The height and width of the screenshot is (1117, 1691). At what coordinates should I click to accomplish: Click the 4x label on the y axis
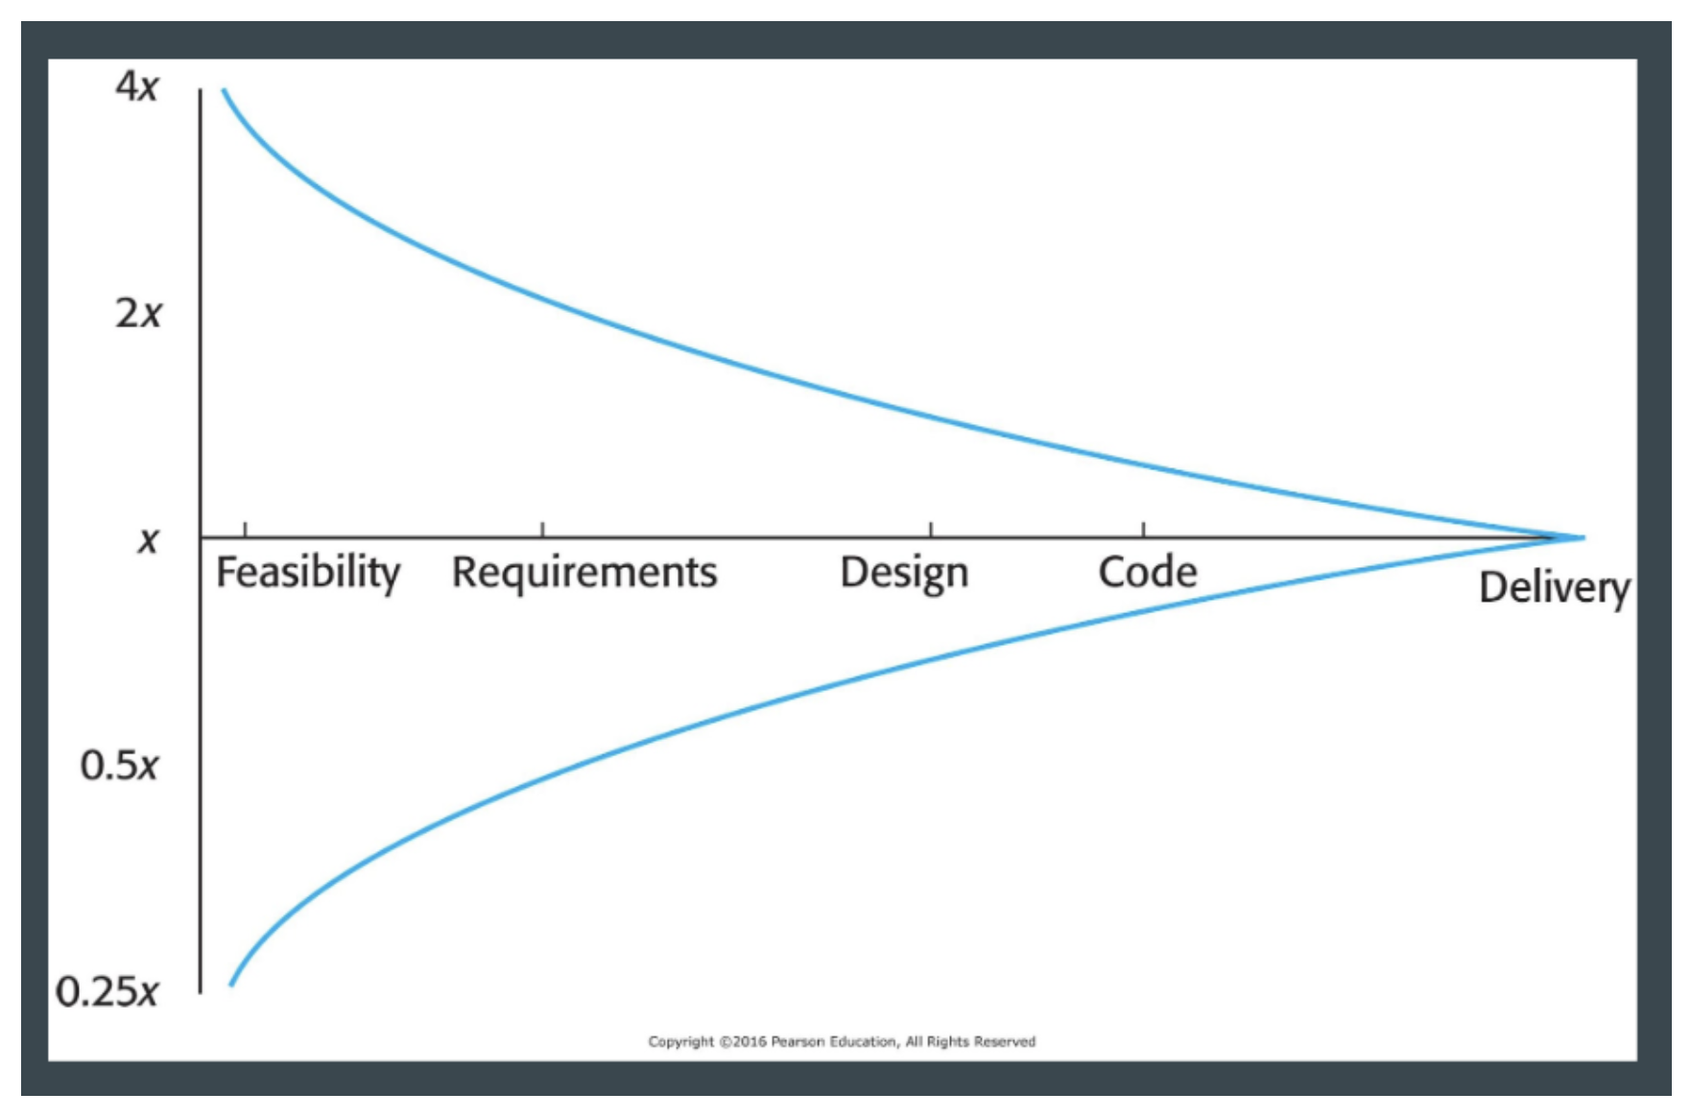(136, 86)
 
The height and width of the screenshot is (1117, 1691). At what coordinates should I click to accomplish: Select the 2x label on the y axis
(138, 313)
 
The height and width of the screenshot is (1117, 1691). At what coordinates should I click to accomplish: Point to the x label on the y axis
(148, 539)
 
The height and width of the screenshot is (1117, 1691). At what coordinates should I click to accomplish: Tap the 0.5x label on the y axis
(119, 766)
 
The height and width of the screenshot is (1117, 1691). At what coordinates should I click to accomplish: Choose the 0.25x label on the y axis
(107, 991)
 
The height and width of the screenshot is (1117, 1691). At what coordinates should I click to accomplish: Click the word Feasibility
(308, 573)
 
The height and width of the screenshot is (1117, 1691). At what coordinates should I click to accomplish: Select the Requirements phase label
(584, 572)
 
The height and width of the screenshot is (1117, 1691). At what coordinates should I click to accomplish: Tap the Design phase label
(904, 573)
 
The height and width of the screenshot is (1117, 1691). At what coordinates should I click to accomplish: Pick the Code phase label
(1148, 572)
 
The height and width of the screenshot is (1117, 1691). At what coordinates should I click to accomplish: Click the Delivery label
(1554, 587)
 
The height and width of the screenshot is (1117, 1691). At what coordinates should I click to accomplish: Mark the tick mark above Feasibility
(246, 530)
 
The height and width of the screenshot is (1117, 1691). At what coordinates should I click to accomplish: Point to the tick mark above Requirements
(542, 530)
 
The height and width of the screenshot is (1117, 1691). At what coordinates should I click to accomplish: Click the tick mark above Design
(931, 530)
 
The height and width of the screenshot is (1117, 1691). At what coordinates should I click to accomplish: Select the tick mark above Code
(1143, 530)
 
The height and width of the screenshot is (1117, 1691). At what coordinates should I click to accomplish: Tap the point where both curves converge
(1581, 537)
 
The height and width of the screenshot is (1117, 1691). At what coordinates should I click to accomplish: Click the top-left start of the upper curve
(225, 91)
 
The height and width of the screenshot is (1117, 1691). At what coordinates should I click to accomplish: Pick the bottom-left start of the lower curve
(231, 984)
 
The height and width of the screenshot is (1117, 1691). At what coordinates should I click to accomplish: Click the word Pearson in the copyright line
(798, 1041)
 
